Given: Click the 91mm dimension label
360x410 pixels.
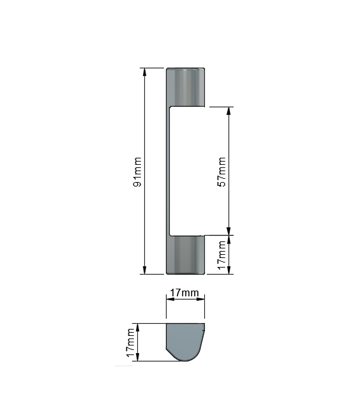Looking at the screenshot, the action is [x=137, y=172].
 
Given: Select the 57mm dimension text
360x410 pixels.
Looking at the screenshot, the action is [x=221, y=172].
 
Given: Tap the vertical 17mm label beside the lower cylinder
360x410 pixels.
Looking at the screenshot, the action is [x=221, y=255].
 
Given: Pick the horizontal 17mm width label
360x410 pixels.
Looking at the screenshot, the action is [x=184, y=292].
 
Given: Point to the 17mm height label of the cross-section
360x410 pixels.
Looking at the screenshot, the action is [x=130, y=342].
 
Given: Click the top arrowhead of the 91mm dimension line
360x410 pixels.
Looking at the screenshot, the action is [x=144, y=72].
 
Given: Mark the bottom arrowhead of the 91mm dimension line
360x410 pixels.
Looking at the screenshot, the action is [x=144, y=270].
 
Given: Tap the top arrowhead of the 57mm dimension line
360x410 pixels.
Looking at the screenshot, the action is [x=229, y=111].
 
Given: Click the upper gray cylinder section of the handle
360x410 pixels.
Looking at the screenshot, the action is [x=185, y=87].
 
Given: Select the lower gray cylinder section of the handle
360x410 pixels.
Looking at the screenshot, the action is [x=185, y=255].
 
